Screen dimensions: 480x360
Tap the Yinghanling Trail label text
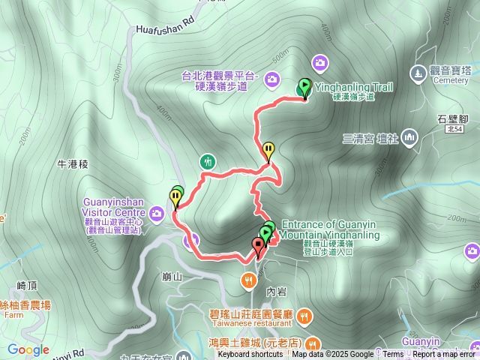coord(353,87)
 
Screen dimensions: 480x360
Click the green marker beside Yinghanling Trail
coord(304,87)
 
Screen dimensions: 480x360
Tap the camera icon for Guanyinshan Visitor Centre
coord(157,214)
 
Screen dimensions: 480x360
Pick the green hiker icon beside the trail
coord(208,160)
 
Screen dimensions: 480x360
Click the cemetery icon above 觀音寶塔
coord(418,73)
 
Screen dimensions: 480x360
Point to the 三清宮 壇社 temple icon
coord(409,137)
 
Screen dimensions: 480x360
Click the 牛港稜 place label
coord(73,163)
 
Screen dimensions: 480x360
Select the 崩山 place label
coord(172,276)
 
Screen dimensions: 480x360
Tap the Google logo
coord(28,350)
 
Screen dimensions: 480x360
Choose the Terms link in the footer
coord(393,354)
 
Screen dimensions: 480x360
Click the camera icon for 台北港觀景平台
coord(271,78)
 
